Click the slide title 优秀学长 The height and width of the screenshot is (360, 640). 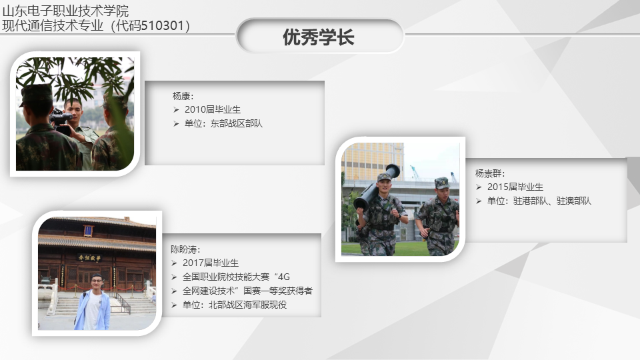coord(319,37)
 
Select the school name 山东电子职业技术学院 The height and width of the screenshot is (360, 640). coord(65,11)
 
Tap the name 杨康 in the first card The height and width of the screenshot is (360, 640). coord(181,96)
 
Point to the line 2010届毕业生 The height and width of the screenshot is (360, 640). coord(212,109)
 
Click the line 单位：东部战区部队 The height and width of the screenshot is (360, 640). coord(223,123)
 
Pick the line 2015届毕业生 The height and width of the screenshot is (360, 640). coord(515,187)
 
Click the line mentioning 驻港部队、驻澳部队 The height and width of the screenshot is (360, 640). coord(539,201)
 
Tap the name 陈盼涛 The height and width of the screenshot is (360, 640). coord(184,249)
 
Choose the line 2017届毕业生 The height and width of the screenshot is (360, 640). coord(211,263)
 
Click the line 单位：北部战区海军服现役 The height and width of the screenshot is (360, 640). coord(235,305)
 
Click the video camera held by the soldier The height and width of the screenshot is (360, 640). coord(61,121)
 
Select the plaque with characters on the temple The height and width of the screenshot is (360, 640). coord(89,258)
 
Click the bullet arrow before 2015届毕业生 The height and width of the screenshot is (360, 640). coord(479,187)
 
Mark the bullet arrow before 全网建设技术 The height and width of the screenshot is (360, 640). coord(174,291)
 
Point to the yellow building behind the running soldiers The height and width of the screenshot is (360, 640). coord(372,161)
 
